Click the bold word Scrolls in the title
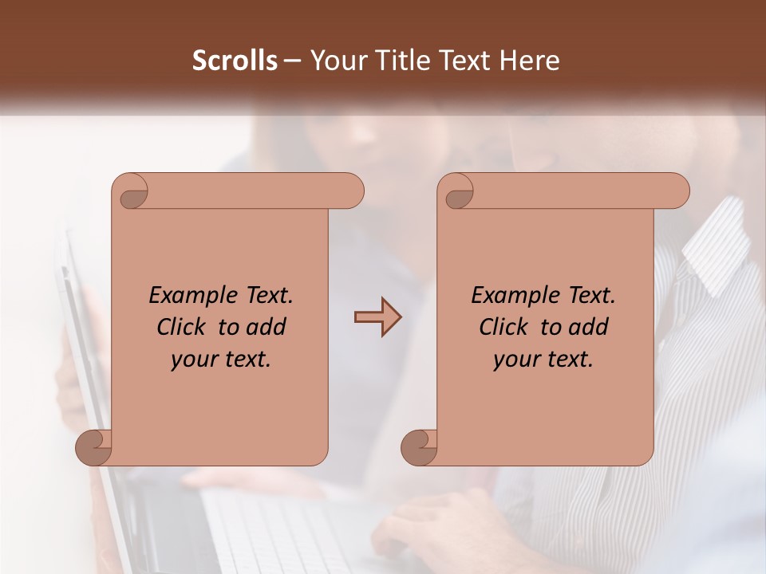(235, 61)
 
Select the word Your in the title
(337, 61)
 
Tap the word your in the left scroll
(191, 360)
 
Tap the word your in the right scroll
(514, 360)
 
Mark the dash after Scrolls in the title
(292, 61)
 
